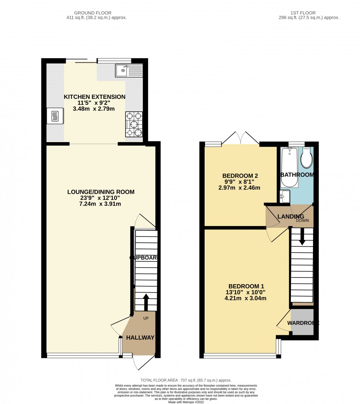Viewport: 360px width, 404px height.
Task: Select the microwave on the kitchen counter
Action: point(55,116)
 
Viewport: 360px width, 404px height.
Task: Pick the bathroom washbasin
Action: point(285,196)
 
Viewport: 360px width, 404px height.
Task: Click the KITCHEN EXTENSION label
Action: point(95,97)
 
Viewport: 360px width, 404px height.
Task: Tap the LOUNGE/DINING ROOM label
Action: point(101,192)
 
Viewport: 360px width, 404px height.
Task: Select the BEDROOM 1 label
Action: point(246,286)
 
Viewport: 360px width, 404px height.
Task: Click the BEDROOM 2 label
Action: point(237,175)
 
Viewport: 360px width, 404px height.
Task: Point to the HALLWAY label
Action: point(140,337)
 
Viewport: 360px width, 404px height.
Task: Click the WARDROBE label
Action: point(303,323)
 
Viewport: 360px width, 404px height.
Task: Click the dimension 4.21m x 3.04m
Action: point(245,298)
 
